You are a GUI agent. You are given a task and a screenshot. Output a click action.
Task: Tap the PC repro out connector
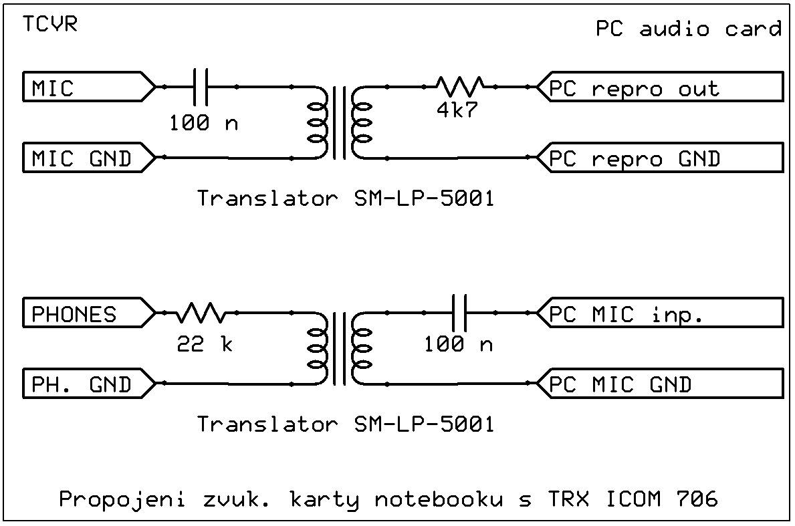point(662,87)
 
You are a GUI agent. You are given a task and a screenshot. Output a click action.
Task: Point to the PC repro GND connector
point(662,158)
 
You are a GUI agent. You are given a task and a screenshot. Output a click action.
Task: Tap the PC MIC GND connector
point(662,384)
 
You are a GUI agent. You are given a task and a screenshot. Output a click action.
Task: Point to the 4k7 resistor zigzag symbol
point(460,86)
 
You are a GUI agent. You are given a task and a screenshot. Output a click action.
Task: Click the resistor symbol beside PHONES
point(201,312)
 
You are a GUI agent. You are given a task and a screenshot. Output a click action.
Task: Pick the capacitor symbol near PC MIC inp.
point(459,312)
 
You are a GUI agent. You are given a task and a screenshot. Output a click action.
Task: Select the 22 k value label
point(205,344)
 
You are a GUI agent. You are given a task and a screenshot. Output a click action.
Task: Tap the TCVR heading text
point(49,25)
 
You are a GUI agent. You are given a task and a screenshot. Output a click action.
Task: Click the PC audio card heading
point(688,29)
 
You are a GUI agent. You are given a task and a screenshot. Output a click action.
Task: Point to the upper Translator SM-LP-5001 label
point(345,199)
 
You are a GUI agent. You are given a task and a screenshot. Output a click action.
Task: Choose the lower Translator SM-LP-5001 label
point(345,424)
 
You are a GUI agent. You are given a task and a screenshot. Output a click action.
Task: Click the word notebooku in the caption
point(437,499)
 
